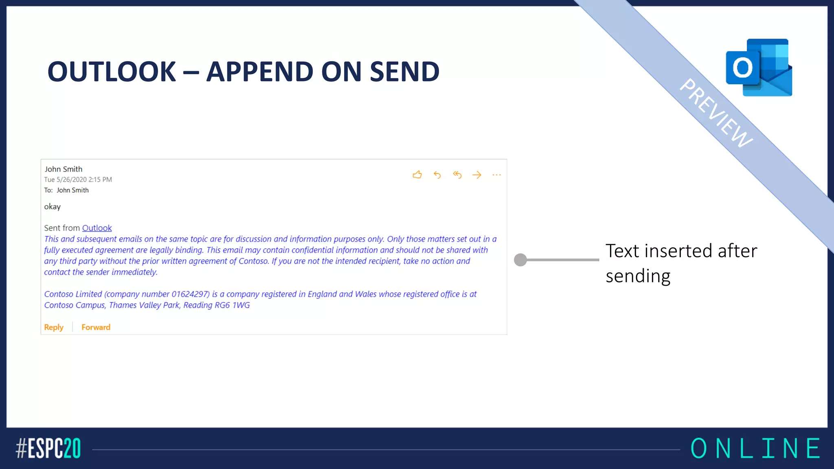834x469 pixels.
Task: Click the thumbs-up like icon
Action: click(x=417, y=175)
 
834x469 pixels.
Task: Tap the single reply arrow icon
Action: click(x=437, y=175)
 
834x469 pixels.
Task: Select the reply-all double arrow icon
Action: click(x=457, y=175)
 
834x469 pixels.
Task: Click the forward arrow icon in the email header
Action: click(x=476, y=175)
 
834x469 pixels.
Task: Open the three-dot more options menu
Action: click(x=496, y=175)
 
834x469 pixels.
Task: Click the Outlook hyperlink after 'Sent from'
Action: click(x=97, y=228)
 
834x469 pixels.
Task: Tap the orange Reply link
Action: click(x=54, y=327)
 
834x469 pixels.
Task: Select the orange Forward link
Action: click(x=96, y=327)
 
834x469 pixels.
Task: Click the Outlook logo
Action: click(x=759, y=68)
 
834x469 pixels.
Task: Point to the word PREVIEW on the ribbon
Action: click(x=716, y=113)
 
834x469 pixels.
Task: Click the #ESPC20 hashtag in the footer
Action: click(x=48, y=449)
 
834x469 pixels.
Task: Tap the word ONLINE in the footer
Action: click(x=755, y=449)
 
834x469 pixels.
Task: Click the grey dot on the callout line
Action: click(x=520, y=260)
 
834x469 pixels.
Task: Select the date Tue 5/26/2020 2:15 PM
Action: click(x=78, y=180)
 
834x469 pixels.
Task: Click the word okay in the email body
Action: click(x=52, y=207)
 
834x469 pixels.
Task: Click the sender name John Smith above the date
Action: click(x=64, y=169)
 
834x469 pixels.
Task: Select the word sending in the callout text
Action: click(x=638, y=276)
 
